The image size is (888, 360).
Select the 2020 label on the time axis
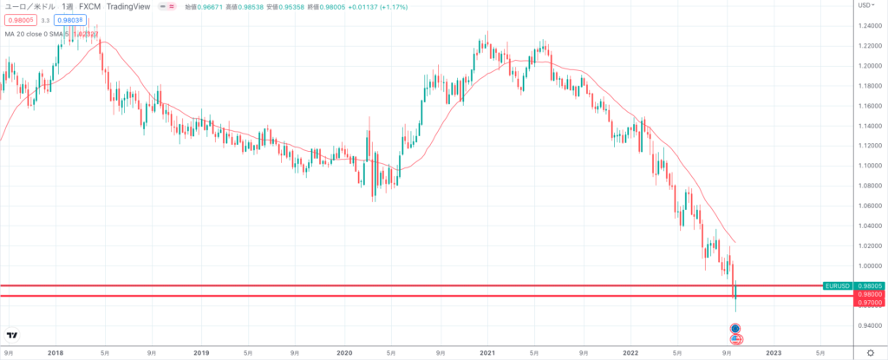[x=343, y=353]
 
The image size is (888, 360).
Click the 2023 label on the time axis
[x=774, y=353]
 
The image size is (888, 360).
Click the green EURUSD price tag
[x=836, y=285]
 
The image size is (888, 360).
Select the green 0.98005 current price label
[x=869, y=285]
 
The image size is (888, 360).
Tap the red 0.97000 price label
[x=869, y=304]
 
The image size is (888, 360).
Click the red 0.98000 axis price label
[x=869, y=294]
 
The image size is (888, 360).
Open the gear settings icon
[x=870, y=353]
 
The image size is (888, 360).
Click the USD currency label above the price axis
[x=865, y=5]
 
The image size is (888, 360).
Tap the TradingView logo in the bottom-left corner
[x=12, y=336]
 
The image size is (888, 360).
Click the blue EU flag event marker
[x=735, y=329]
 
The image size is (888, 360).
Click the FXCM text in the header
[x=90, y=5]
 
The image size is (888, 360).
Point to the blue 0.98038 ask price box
[x=69, y=19]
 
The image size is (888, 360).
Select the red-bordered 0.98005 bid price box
[x=16, y=19]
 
